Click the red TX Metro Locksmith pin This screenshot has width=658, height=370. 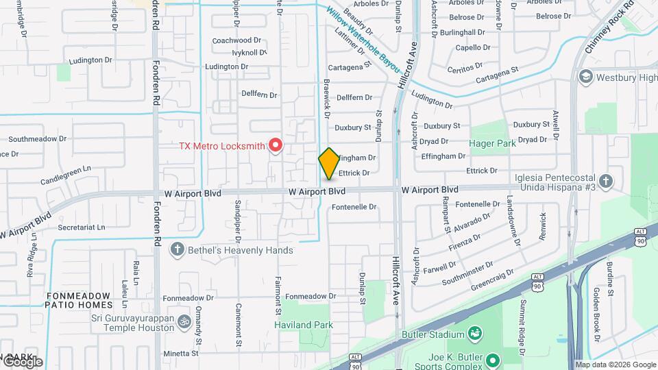[x=276, y=145]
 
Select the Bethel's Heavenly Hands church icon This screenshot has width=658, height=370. [x=177, y=249]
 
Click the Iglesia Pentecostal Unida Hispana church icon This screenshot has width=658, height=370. [x=605, y=181]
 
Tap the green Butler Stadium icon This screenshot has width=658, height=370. [x=474, y=334]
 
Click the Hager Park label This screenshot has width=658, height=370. [x=492, y=143]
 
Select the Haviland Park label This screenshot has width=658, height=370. [x=304, y=324]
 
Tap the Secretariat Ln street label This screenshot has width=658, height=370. [x=82, y=227]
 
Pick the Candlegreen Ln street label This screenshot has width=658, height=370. [x=66, y=169]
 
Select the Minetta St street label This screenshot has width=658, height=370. [x=181, y=354]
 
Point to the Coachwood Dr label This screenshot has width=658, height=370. [x=236, y=40]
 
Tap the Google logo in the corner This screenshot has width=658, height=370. [x=22, y=361]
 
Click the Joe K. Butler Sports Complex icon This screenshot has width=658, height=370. [x=492, y=359]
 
